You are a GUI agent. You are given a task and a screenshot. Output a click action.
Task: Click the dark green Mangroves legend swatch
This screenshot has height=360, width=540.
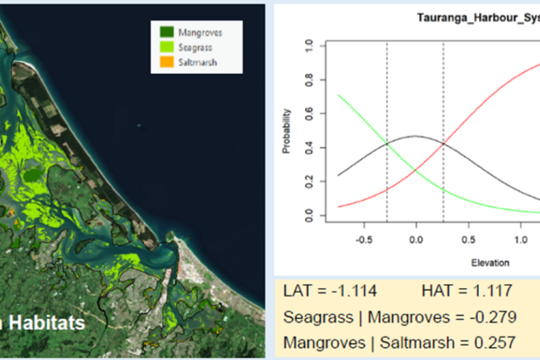(x=167, y=33)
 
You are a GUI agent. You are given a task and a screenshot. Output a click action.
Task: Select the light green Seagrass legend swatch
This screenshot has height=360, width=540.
(x=167, y=47)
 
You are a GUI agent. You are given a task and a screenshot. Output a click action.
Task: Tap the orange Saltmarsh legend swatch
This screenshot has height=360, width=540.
(x=167, y=62)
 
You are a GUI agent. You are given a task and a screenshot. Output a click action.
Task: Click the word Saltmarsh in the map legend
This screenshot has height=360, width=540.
(x=198, y=62)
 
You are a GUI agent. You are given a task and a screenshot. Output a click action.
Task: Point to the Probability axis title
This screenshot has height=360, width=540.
(x=287, y=134)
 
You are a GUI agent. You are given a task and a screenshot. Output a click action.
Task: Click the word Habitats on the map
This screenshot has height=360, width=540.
(x=47, y=323)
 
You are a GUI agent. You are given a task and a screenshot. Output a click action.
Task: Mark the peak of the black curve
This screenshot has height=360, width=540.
(x=415, y=136)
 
